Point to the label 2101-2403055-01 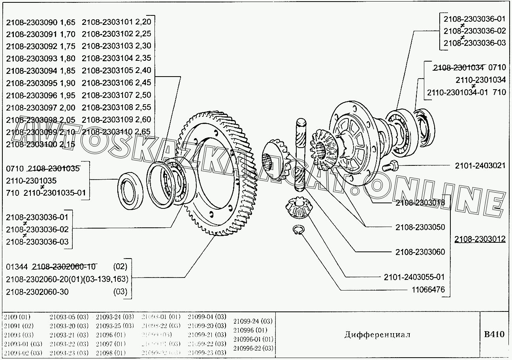tap(414, 277)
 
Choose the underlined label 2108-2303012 tap(480, 239)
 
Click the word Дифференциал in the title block tap(377, 335)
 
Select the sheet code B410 tap(494, 334)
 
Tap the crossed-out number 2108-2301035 tap(54, 169)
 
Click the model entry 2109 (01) tap(17, 317)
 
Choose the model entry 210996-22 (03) tap(253, 348)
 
